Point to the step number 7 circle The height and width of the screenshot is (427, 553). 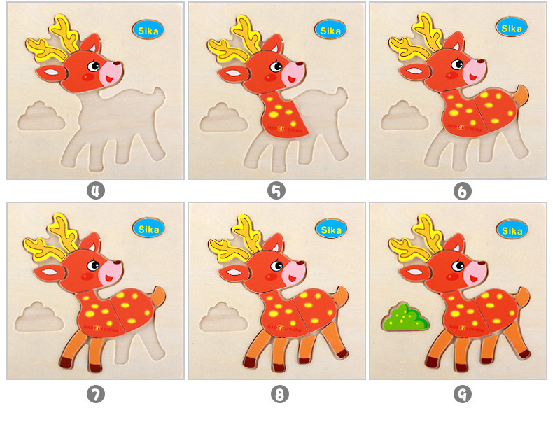(95, 395)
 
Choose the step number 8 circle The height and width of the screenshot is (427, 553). (279, 395)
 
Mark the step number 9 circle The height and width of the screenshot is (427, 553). (462, 395)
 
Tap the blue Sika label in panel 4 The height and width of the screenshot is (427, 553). (148, 30)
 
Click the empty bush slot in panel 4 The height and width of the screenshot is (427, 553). (41, 116)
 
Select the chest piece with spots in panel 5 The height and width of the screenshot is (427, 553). (285, 114)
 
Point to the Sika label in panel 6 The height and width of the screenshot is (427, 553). (512, 27)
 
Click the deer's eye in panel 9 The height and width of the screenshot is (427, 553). (458, 266)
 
